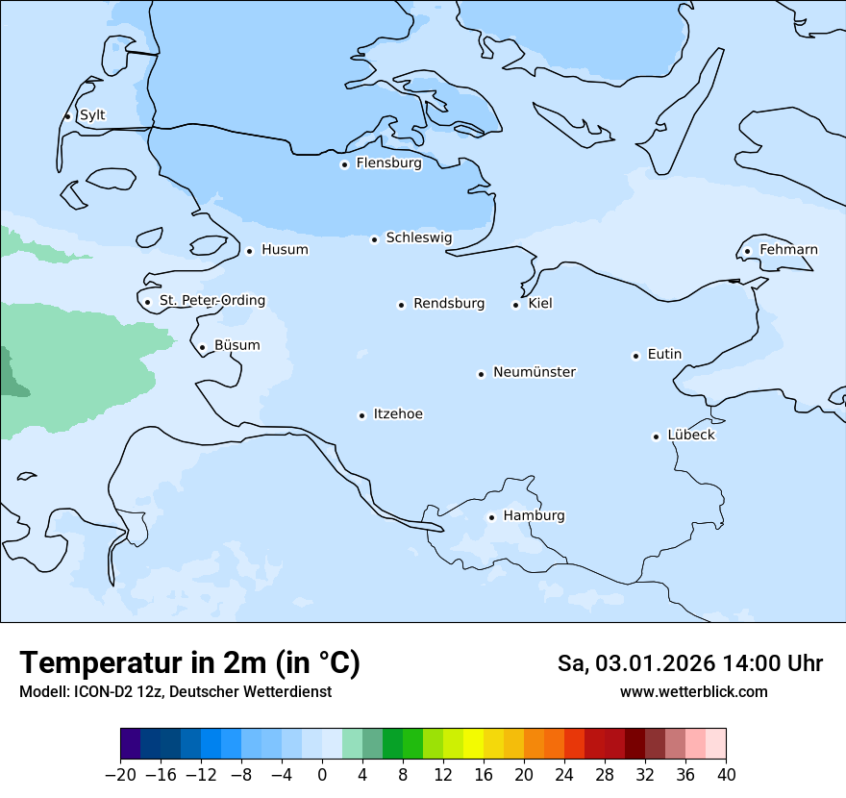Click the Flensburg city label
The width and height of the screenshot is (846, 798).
(x=388, y=163)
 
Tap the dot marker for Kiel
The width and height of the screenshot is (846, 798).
(x=515, y=305)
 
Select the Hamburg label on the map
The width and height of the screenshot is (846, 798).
(x=534, y=516)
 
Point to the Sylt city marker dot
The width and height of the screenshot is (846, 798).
(x=67, y=116)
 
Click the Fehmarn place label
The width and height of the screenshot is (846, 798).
(x=788, y=250)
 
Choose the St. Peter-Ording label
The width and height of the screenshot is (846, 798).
(x=211, y=301)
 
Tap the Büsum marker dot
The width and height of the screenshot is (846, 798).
(x=202, y=347)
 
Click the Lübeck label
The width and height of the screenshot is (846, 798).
(x=690, y=436)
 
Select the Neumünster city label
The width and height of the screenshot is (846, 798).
(x=535, y=372)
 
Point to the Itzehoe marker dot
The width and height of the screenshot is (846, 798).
(x=361, y=415)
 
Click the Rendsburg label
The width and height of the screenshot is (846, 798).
(x=449, y=304)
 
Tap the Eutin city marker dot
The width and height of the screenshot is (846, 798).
(x=635, y=356)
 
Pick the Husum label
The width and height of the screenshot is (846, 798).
(x=285, y=250)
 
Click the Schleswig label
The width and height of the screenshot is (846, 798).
(x=418, y=237)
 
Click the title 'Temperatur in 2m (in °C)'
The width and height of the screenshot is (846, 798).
(x=189, y=663)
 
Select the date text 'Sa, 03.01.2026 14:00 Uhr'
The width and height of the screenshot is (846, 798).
(x=689, y=664)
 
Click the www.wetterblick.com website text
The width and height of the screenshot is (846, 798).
(x=693, y=692)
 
